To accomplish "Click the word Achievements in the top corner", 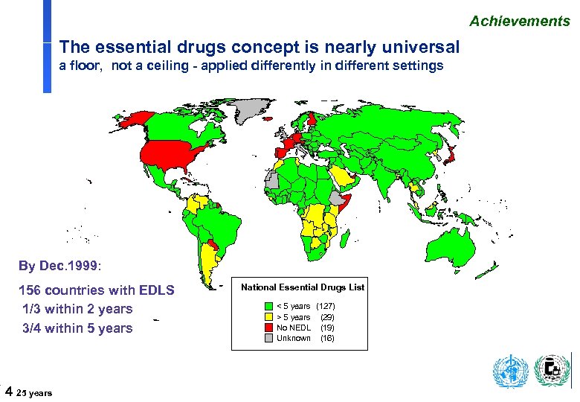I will coord(519,21).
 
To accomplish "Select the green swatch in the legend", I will coord(268,307).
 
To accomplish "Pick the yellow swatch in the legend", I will coord(268,317).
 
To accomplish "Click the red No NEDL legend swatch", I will coord(268,328).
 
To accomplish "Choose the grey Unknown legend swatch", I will coord(268,338).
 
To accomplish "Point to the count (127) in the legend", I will coord(326,307).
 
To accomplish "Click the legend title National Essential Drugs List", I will coord(303,287).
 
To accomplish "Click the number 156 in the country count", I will coord(30,290).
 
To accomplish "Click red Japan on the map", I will coord(450,154).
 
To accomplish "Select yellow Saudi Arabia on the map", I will coord(342,177).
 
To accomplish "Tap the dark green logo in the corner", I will coord(552,371).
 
